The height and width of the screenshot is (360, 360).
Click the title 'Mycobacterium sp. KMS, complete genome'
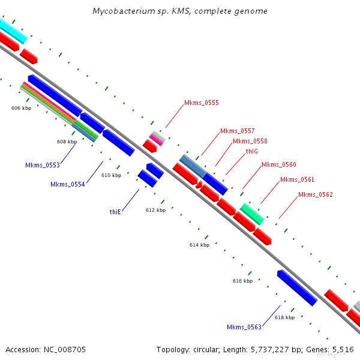(x=180, y=11)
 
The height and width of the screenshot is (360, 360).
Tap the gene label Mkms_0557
(x=237, y=131)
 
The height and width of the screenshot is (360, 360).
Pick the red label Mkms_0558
(x=250, y=142)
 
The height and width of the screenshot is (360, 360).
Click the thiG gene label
(x=252, y=152)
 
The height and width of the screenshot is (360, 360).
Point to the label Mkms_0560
(x=278, y=165)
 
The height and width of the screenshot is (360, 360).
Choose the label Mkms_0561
(x=297, y=180)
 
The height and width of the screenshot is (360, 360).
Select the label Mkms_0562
(x=315, y=195)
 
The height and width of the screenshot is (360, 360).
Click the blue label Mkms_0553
(x=43, y=165)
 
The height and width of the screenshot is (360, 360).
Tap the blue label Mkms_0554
(x=68, y=185)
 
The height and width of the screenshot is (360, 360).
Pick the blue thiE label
(x=116, y=212)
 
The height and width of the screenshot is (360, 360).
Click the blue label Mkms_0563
(x=244, y=328)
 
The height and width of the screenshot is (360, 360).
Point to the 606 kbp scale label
(x=21, y=109)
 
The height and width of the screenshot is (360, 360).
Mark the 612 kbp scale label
(x=155, y=211)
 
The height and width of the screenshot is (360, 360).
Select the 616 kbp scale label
(x=242, y=281)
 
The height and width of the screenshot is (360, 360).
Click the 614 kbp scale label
(x=199, y=245)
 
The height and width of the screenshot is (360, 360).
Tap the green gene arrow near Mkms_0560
(x=252, y=214)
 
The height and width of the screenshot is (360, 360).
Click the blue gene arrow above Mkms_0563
(x=297, y=288)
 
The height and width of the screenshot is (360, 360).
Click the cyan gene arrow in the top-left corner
(x=12, y=30)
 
